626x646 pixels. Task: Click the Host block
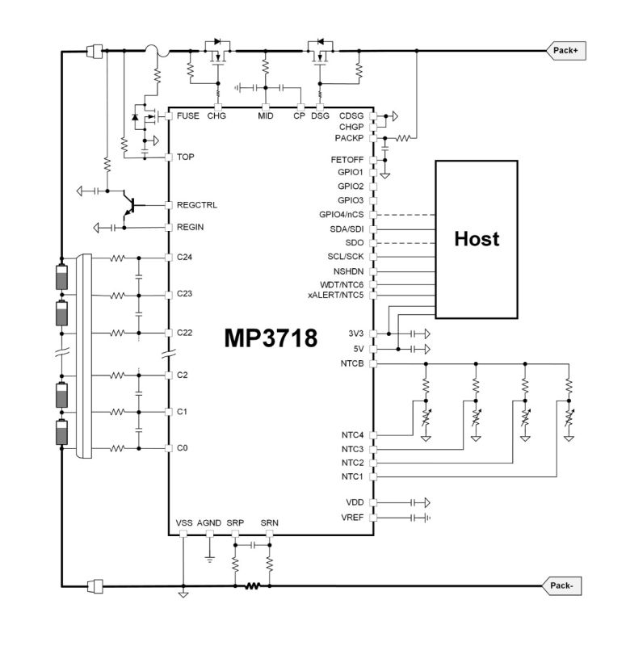pos(477,239)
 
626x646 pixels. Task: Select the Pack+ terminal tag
pos(565,51)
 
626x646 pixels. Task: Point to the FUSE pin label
pos(187,116)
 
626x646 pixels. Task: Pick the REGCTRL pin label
pos(196,205)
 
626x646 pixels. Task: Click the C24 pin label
pos(185,258)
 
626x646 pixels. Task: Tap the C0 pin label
pos(183,448)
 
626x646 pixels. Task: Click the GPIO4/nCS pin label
pos(342,214)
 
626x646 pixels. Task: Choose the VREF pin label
pos(353,517)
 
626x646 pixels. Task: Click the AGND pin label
pos(208,523)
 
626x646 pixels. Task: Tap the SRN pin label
pos(269,523)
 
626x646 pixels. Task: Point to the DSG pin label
pos(321,116)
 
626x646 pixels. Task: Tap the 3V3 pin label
pos(355,333)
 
